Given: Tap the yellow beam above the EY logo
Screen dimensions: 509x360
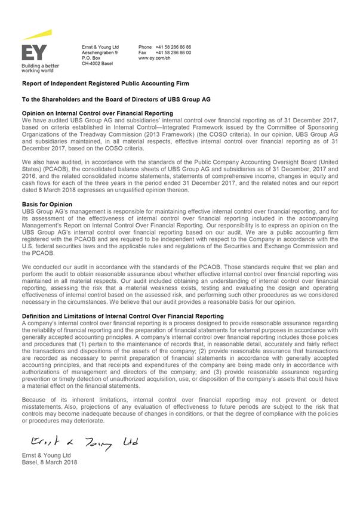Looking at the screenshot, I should [38, 35].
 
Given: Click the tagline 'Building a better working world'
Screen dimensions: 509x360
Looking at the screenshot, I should [39, 67].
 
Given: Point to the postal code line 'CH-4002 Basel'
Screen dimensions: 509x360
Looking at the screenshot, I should [97, 63].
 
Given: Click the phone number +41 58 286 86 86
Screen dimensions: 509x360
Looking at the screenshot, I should [173, 47].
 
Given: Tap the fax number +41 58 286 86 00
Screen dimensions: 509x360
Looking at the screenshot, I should [173, 53].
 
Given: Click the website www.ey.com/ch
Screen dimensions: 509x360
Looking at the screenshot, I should [156, 58].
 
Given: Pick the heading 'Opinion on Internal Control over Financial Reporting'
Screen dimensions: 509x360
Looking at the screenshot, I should [97, 113].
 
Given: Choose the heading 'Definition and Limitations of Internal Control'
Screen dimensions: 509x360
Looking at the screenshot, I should [122, 316].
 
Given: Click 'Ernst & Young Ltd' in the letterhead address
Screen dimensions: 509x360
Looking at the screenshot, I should [100, 47].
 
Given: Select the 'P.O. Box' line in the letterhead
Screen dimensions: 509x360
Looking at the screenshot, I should [91, 58].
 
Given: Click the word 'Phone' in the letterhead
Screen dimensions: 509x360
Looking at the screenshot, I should [145, 47].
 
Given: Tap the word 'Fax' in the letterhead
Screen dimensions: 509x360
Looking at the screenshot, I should [142, 53].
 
